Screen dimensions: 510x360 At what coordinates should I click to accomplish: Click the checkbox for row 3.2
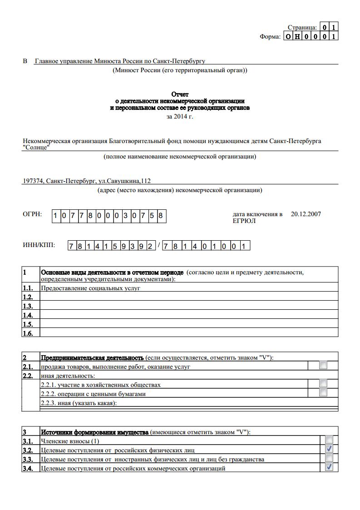pos(329,449)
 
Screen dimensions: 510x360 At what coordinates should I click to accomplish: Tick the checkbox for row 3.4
pos(329,467)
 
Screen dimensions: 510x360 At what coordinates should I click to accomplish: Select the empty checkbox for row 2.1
pos(323,365)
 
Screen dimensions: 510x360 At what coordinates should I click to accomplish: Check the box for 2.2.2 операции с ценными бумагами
pos(323,392)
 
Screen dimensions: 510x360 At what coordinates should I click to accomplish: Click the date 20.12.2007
pos(306,214)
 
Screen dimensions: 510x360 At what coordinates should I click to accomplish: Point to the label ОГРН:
pos(32,214)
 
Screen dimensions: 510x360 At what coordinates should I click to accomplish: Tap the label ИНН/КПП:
pos(39,245)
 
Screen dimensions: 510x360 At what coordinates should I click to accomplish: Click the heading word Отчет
pos(180,94)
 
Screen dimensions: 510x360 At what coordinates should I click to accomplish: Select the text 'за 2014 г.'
pos(180,117)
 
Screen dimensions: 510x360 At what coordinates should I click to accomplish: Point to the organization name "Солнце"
pos(36,147)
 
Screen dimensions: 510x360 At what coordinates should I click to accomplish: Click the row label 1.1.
pos(28,288)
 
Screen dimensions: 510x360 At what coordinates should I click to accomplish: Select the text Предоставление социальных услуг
pos(90,288)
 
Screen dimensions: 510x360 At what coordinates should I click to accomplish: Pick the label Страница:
pos(302,28)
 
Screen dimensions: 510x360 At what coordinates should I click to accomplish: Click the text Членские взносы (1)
pos(70,441)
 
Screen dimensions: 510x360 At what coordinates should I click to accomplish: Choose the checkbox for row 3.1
pos(329,440)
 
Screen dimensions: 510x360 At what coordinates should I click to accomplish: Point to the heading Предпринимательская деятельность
pos(92,358)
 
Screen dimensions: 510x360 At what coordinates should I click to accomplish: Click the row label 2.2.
pos(28,376)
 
